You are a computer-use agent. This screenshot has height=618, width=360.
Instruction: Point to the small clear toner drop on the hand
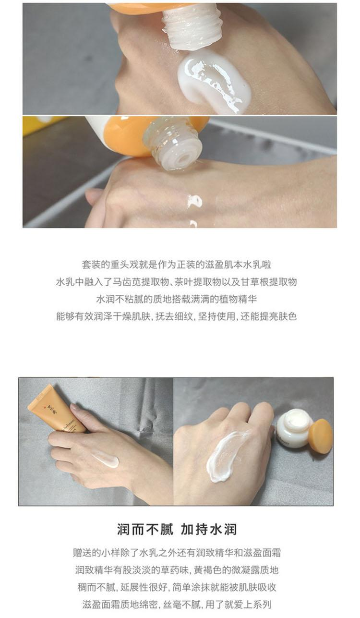pos(195,201)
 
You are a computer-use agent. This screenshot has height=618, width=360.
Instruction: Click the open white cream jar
pos(294,429)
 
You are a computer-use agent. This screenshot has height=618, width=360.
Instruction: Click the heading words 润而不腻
pos(145,529)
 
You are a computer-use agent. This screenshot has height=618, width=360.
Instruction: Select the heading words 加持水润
pos(209,529)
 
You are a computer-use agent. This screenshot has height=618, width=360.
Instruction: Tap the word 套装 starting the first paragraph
pos(91,265)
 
